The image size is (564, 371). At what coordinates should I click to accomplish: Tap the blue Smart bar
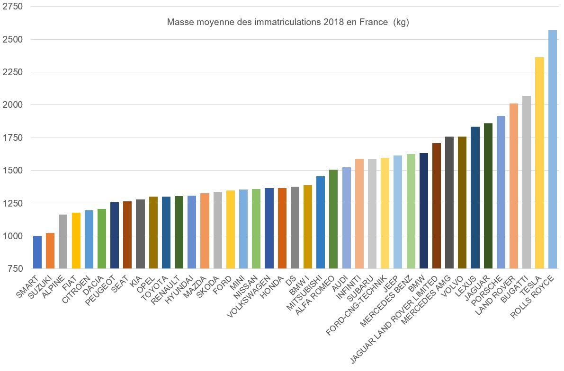[x=37, y=252]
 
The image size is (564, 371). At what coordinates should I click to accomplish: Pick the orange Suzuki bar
[x=50, y=250]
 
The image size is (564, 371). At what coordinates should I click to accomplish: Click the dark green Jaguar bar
[x=488, y=196]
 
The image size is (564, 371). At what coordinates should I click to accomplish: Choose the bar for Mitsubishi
[x=321, y=222]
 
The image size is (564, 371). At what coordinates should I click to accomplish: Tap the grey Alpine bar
[x=63, y=242]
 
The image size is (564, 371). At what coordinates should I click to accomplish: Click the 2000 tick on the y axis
[x=13, y=105]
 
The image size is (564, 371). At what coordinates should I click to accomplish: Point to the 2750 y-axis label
[x=13, y=7]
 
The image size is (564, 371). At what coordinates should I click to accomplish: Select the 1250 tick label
[x=13, y=203]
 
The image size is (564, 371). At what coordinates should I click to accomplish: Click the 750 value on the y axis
[x=15, y=268]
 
